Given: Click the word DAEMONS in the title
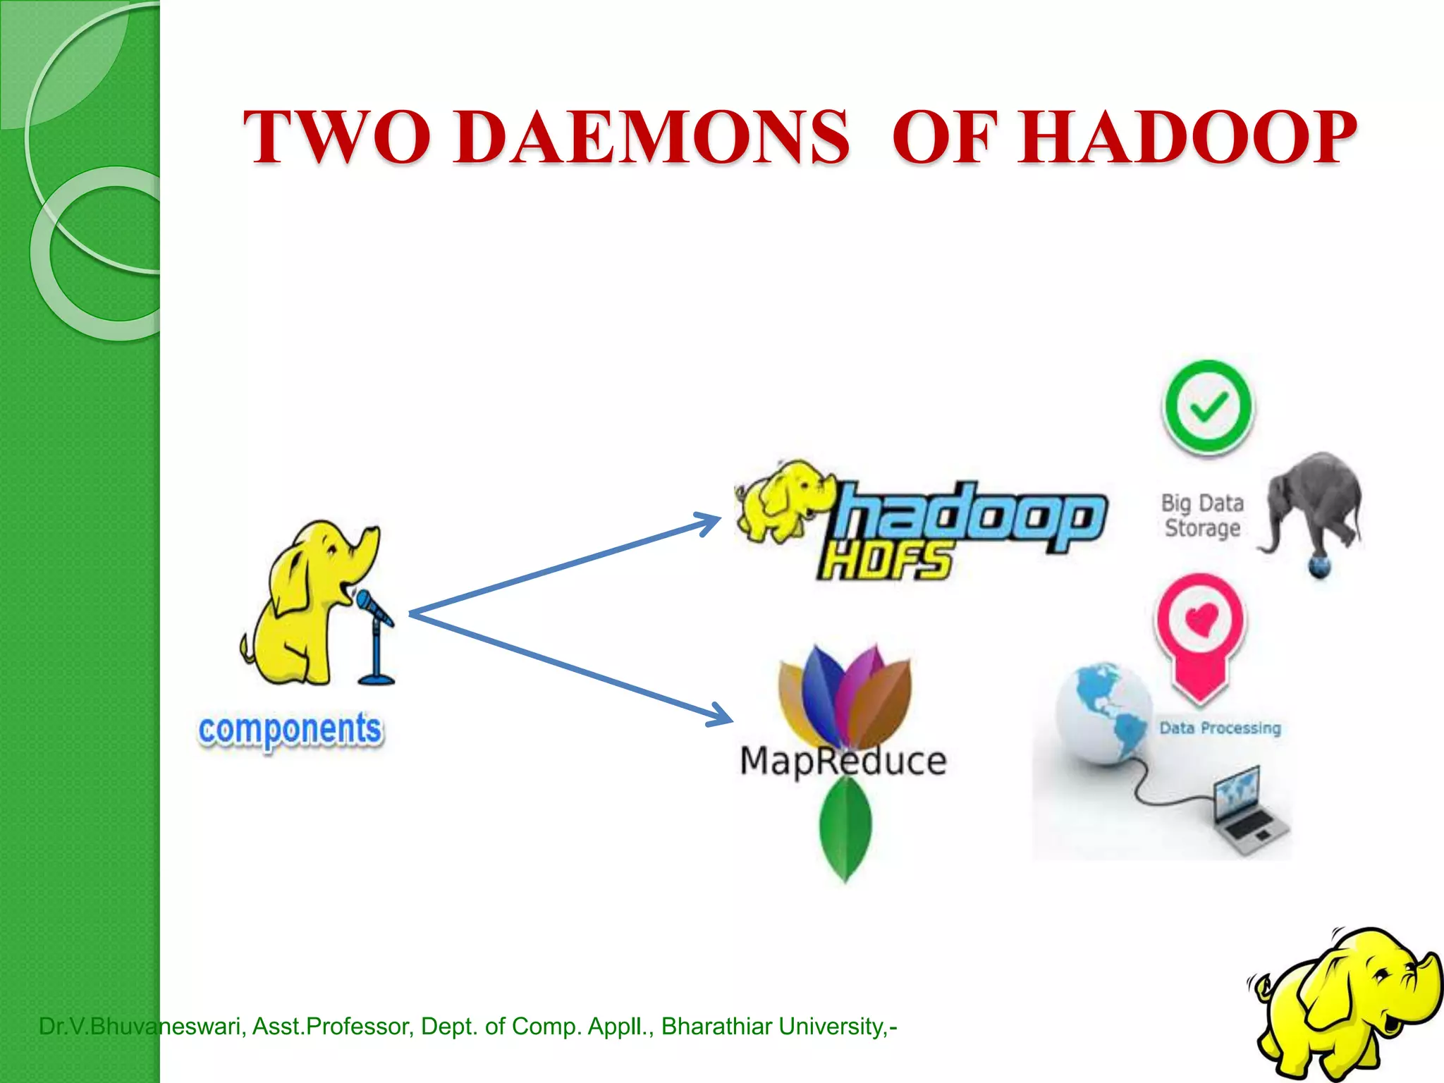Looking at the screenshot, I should pyautogui.click(x=652, y=137).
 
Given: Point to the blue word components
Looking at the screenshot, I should pyautogui.click(x=290, y=730).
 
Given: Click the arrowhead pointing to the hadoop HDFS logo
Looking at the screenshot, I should pyautogui.click(x=709, y=522).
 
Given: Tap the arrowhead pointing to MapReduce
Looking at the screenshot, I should pyautogui.click(x=721, y=716).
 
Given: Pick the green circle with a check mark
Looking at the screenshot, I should pyautogui.click(x=1208, y=408).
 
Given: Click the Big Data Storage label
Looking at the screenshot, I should pyautogui.click(x=1203, y=515).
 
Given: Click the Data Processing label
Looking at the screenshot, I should pyautogui.click(x=1220, y=728).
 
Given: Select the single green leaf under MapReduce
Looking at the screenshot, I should pyautogui.click(x=845, y=828).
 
